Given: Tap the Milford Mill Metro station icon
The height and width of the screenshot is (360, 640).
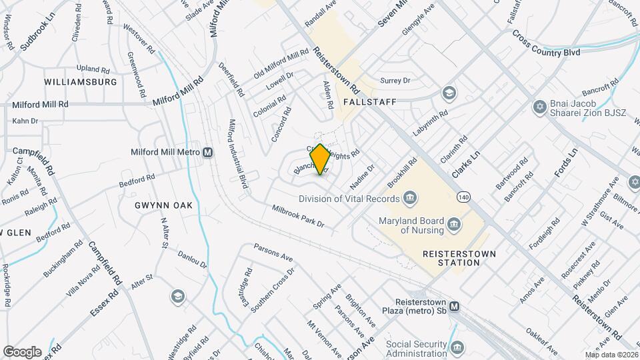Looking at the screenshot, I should [x=208, y=153].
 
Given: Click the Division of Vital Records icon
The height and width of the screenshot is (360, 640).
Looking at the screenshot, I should [x=411, y=198].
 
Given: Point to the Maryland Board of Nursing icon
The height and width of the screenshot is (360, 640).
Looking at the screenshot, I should [x=454, y=223].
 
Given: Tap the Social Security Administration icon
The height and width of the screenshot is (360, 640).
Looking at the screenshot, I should [x=458, y=347].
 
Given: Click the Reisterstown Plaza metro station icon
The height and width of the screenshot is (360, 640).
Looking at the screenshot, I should [x=455, y=307].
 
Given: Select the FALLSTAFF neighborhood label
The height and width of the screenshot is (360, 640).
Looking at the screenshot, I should [x=370, y=102].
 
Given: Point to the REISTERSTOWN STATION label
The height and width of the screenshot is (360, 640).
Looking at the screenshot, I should [x=451, y=258].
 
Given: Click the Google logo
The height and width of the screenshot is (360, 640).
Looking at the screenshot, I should [x=23, y=351].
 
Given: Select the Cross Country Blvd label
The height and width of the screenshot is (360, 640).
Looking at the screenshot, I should [x=546, y=51].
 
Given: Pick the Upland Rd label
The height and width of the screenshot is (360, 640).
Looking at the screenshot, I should [x=93, y=69].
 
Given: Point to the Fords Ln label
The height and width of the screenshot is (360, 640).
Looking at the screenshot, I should [x=564, y=164].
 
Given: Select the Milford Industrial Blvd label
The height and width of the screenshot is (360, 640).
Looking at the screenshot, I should [x=238, y=153].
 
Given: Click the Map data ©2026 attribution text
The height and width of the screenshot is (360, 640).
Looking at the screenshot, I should [x=612, y=355].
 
